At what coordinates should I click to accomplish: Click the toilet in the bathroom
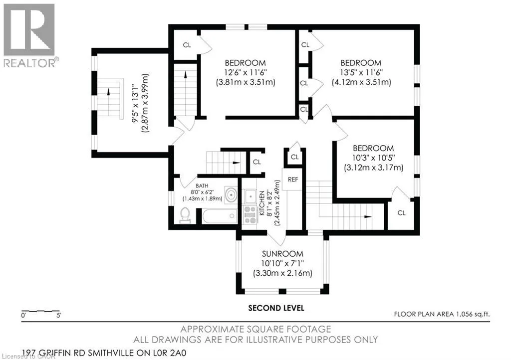click(185, 215)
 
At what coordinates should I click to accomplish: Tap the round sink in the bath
click(231, 195)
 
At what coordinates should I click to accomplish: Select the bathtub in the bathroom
click(220, 216)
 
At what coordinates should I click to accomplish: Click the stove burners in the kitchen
click(251, 215)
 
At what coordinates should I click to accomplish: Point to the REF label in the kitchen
click(292, 180)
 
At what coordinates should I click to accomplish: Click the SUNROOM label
click(282, 254)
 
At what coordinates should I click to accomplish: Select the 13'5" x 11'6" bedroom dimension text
click(361, 72)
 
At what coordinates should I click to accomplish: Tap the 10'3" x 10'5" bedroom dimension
click(373, 158)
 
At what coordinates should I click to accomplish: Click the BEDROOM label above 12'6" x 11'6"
click(245, 63)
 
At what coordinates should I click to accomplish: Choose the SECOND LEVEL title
click(276, 308)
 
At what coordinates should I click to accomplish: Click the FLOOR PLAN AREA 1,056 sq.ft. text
click(442, 314)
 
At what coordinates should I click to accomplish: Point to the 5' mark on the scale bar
click(59, 316)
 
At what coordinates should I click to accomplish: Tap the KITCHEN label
click(261, 203)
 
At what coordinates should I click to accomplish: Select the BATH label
click(202, 186)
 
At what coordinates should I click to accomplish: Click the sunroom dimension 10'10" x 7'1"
click(282, 263)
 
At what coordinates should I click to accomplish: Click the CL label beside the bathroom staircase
click(257, 162)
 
